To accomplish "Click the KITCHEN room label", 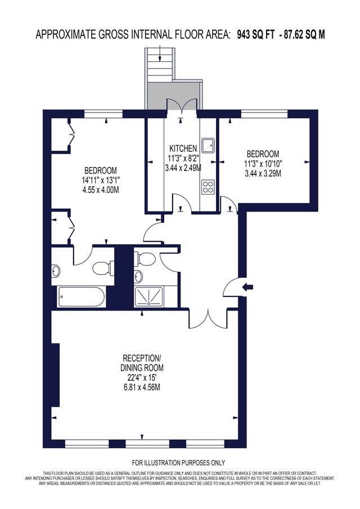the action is pos(183,148).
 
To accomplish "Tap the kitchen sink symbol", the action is pos(208,145).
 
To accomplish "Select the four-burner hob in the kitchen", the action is pos(208,187).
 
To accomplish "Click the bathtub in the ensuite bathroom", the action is pos(81,296).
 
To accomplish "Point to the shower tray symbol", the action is pos(149,297).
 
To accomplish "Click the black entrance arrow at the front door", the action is pos(247,287).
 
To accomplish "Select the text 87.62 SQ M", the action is pos(304,34).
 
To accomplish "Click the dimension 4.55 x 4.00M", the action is pos(101,190).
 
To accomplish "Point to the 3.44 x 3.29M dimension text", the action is pos(263,173).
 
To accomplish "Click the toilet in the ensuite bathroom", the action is pos(103,268).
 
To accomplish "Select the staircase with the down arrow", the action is pos(159,64).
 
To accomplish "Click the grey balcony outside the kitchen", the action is pos(174,96).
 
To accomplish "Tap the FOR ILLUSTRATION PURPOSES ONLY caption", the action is pos(178,462).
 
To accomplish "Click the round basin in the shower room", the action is pos(138,276).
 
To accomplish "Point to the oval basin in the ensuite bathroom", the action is pos(56,271).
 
